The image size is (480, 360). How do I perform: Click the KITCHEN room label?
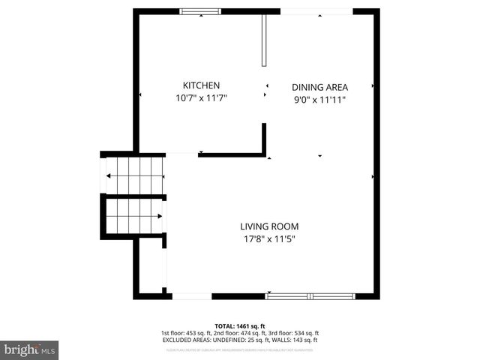click(201, 85)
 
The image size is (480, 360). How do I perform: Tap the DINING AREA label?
click(319, 87)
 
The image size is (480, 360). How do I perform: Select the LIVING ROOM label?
click(269, 226)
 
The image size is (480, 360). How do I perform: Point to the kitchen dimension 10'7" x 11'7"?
click(201, 98)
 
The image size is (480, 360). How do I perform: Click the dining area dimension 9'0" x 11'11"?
click(319, 100)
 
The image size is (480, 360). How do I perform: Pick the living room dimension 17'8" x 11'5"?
click(269, 239)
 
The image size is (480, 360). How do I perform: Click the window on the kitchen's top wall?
click(199, 10)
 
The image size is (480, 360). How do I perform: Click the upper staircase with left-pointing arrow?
click(135, 176)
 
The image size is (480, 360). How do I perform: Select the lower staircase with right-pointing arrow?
click(135, 216)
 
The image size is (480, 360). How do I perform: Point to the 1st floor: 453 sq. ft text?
click(184, 333)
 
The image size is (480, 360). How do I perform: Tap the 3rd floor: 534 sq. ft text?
click(295, 333)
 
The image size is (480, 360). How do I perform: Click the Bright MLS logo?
click(30, 349)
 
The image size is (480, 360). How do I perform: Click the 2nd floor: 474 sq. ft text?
click(239, 333)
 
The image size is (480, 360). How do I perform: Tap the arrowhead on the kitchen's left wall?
click(141, 94)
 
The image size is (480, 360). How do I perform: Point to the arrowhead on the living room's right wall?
click(373, 176)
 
